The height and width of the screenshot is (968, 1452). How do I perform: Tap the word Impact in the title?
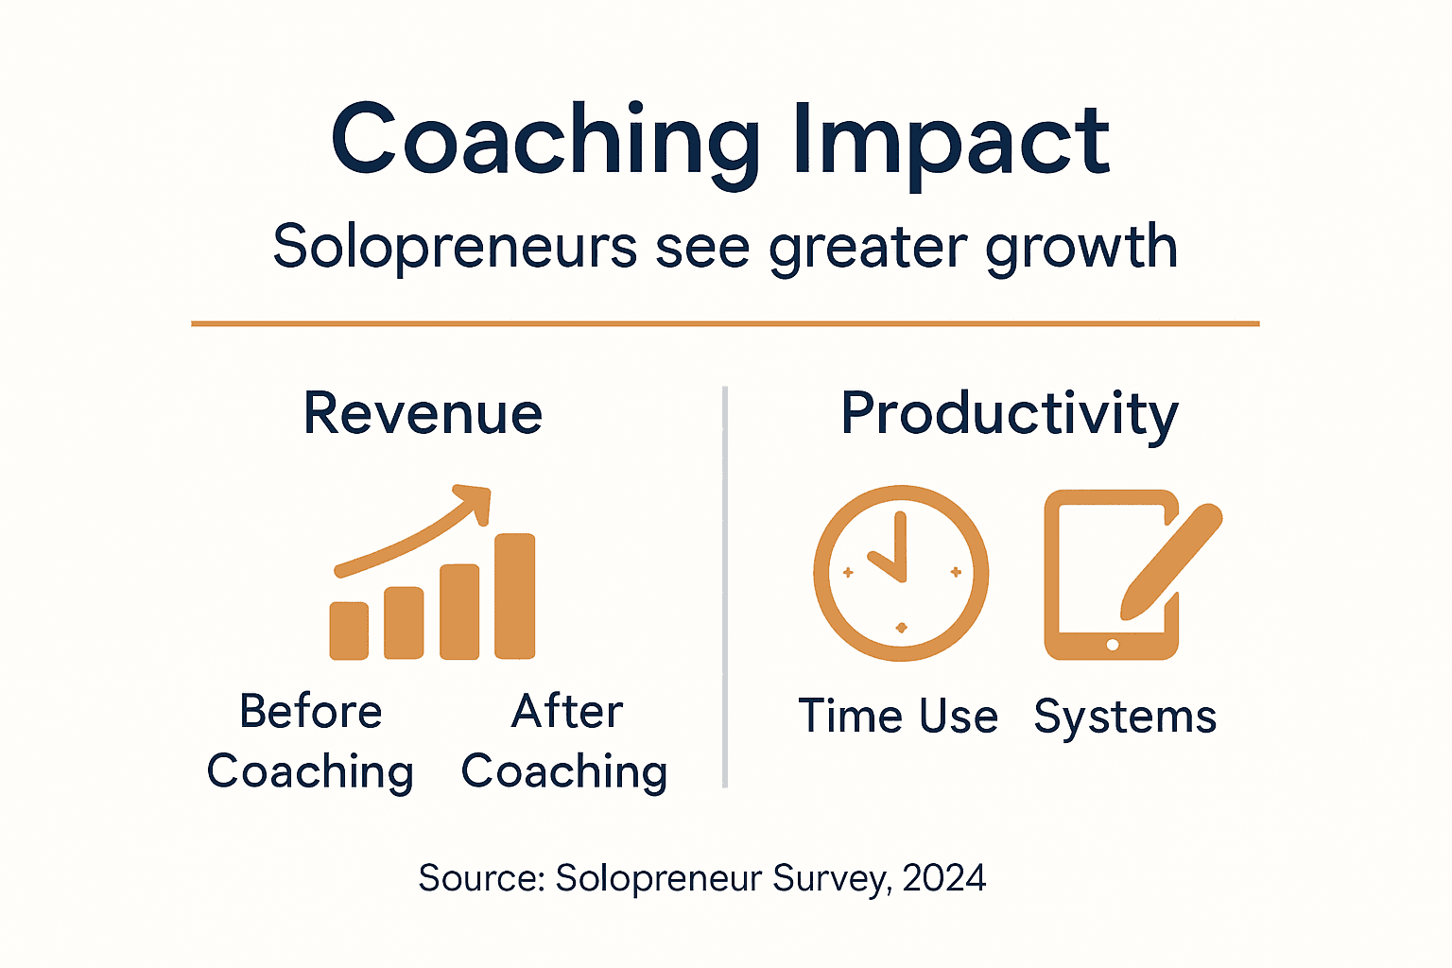click(x=950, y=142)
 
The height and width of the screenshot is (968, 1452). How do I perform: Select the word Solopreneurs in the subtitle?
click(x=455, y=248)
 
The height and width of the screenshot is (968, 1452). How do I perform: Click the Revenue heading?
click(x=423, y=414)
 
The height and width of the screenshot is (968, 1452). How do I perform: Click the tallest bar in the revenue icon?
click(x=515, y=596)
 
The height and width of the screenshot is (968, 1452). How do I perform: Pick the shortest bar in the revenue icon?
click(x=349, y=630)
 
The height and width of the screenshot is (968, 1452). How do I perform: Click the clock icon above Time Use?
click(x=901, y=573)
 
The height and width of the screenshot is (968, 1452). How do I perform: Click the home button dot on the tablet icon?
click(x=1112, y=645)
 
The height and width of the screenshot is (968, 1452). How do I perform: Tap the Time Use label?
click(x=898, y=717)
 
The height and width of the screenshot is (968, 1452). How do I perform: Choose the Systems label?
click(x=1125, y=717)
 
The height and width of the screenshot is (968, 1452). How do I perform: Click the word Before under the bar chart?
click(x=311, y=712)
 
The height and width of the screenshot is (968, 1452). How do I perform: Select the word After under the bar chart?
click(x=567, y=712)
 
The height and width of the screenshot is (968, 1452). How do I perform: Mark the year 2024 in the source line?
click(x=943, y=878)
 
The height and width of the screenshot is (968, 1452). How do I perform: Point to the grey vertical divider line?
click(x=725, y=586)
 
